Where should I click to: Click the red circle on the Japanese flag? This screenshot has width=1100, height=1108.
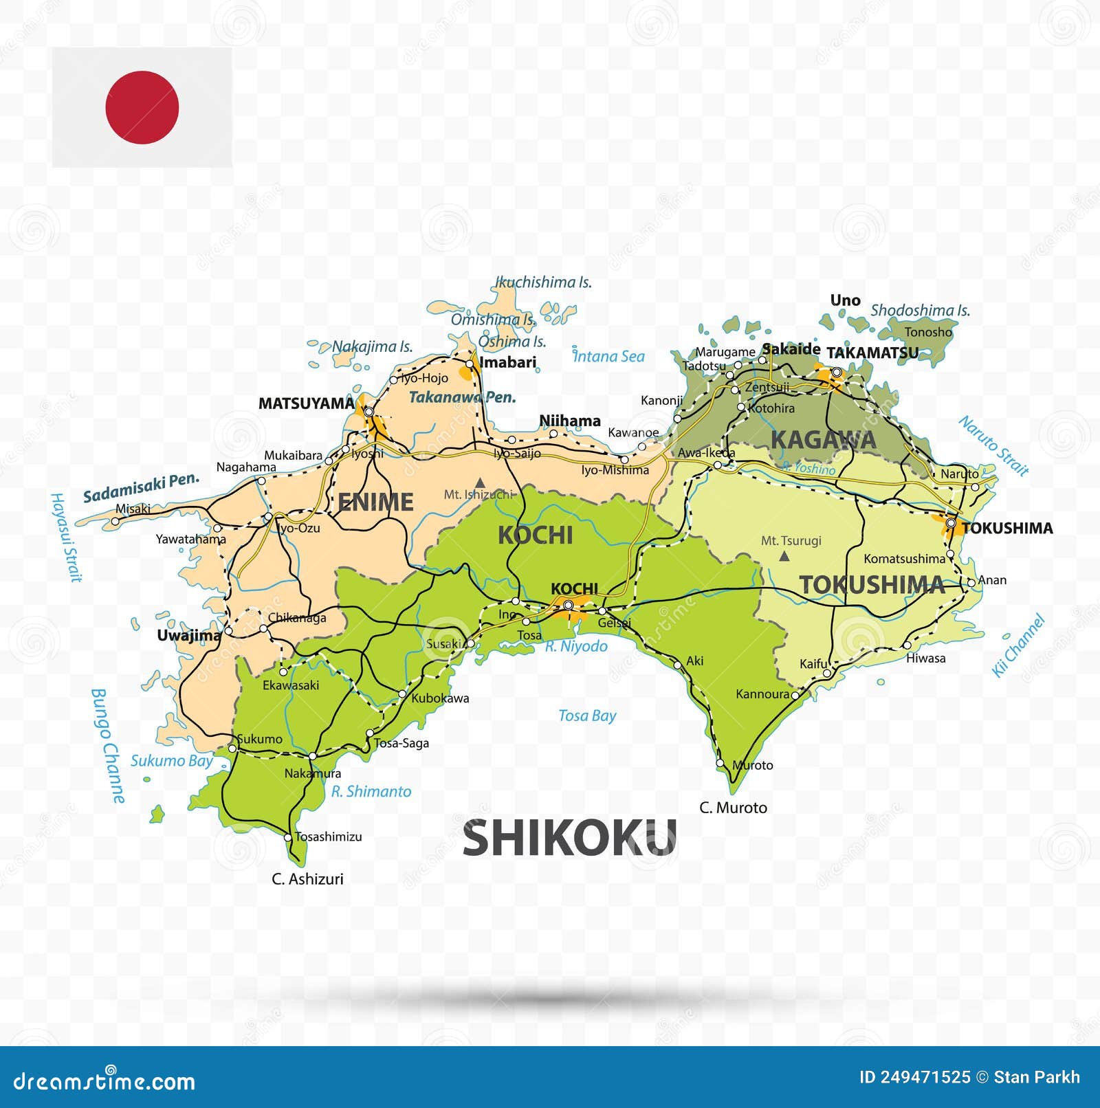142,107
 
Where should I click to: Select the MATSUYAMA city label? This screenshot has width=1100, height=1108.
306,403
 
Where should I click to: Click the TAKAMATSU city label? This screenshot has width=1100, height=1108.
872,353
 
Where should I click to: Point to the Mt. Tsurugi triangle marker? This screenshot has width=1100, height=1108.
784,556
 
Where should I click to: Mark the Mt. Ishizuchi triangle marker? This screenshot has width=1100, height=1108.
480,483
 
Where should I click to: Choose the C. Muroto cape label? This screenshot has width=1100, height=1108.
733,808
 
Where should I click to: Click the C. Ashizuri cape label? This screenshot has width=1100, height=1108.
307,879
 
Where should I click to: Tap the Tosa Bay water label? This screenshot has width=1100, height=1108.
587,716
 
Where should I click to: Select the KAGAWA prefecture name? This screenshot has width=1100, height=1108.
823,440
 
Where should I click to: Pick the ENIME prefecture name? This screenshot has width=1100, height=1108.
375,502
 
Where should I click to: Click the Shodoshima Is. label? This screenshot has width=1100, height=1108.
920,311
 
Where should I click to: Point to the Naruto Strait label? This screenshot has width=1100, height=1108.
993,445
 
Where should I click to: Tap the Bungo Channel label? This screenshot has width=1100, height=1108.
109,746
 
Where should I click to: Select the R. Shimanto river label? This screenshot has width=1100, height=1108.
371,792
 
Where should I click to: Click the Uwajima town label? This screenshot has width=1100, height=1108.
188,635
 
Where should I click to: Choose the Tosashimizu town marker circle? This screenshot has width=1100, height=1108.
288,837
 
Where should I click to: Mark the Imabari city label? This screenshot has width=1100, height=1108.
507,362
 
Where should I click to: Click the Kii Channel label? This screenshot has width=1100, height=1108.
1018,646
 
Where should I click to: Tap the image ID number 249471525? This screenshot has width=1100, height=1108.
915,1077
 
